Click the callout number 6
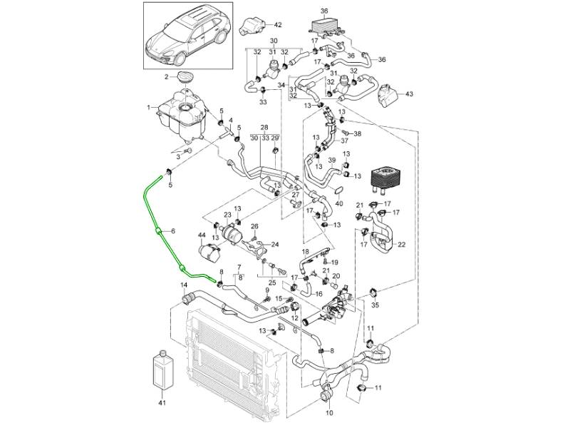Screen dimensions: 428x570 [172, 231]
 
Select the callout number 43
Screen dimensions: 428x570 [408, 93]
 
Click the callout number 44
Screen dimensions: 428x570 [202, 235]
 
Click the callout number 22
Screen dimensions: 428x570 [401, 245]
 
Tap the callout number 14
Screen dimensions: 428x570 [183, 285]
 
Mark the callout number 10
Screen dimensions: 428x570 [329, 412]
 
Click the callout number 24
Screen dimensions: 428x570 [275, 245]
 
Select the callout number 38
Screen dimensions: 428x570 [358, 133]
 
